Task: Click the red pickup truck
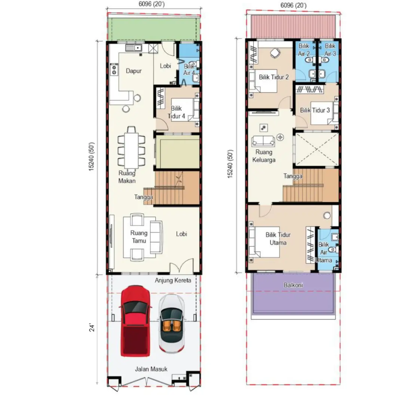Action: pos(135,321)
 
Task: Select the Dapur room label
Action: pos(134,71)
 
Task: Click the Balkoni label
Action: pos(293,285)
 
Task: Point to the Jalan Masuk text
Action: pos(151,369)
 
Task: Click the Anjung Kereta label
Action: pos(173,280)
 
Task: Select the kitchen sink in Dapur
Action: pos(134,48)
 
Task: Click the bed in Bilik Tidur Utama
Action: pos(264,242)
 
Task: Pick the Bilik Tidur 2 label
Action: pos(273,77)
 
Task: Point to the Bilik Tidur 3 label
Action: pos(315,110)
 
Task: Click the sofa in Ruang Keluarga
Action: pos(263,141)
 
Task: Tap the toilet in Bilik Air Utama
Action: pos(334,250)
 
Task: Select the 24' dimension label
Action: pos(92,327)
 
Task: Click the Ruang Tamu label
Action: pos(139,237)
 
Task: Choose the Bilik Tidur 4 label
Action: pos(176,112)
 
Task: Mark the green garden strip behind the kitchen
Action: pos(154,29)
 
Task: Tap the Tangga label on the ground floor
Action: pos(144,197)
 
